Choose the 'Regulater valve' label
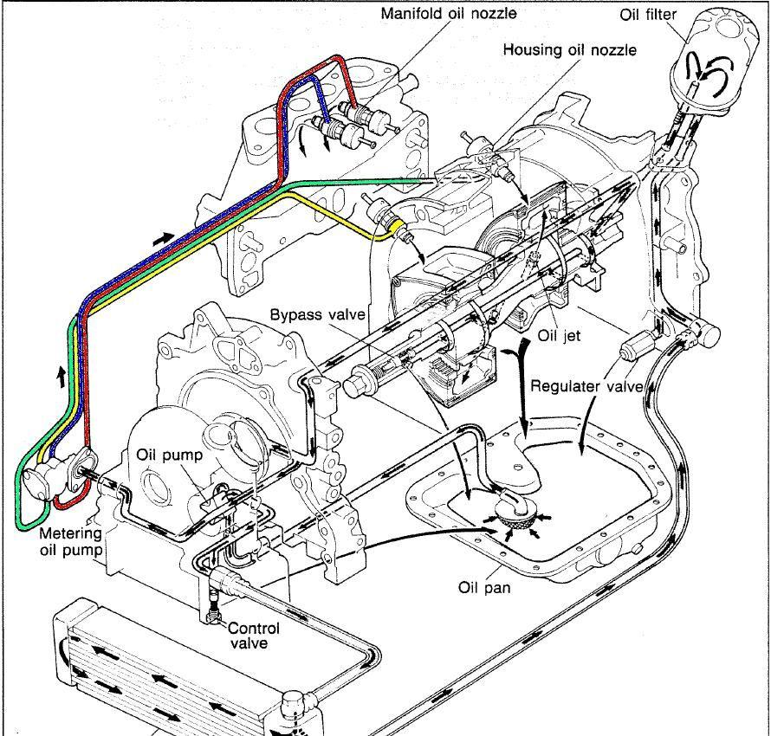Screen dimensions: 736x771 [x=587, y=386]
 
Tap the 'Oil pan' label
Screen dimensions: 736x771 [x=483, y=587]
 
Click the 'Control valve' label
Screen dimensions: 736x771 [x=255, y=636]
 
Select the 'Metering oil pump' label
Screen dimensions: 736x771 [x=69, y=542]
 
